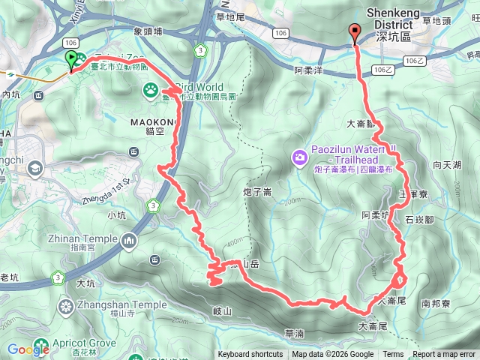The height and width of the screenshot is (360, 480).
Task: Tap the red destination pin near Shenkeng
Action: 355,34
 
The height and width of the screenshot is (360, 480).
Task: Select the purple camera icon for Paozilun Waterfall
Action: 299,157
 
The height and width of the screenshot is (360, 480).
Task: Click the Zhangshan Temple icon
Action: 66,305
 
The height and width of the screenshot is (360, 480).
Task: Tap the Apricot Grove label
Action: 89,341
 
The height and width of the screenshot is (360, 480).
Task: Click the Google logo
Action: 28,349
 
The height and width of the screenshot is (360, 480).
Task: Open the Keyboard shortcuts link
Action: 250,355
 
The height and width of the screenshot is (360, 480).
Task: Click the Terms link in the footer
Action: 393,355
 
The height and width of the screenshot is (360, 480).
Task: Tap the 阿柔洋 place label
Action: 308,70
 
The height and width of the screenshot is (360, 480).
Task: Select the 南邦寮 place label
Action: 436,304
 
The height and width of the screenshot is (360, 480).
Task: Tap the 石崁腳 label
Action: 420,220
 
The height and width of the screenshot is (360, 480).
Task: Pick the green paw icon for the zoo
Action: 149,91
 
